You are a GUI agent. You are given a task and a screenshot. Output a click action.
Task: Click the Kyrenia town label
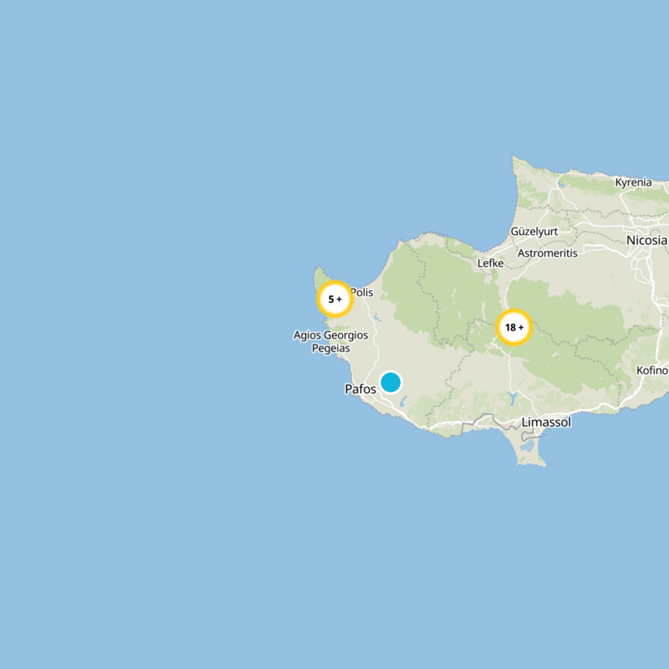[x=633, y=182]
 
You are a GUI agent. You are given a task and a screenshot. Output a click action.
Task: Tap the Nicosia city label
[x=646, y=241]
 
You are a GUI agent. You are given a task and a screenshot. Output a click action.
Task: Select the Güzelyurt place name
[x=533, y=231]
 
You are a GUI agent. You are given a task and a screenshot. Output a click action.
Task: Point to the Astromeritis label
[x=547, y=253]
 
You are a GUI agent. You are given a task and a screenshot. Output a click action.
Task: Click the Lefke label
[x=490, y=263]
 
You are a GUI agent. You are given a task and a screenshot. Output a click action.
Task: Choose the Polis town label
[x=361, y=292]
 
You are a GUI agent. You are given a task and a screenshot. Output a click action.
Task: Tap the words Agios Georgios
[x=330, y=335]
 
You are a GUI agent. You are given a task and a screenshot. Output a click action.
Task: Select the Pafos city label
[x=360, y=389]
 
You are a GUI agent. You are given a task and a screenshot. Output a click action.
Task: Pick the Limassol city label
[x=545, y=422]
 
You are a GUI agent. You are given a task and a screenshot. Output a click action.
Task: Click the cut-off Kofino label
[x=652, y=370]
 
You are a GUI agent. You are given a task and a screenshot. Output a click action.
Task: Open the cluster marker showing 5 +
[x=334, y=299]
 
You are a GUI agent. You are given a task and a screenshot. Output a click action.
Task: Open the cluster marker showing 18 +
[x=514, y=328]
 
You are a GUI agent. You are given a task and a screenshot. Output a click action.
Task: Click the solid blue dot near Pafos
[x=391, y=382]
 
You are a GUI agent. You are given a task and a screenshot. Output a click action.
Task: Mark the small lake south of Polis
[x=376, y=318]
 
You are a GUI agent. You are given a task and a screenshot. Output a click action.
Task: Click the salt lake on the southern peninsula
[x=528, y=447]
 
